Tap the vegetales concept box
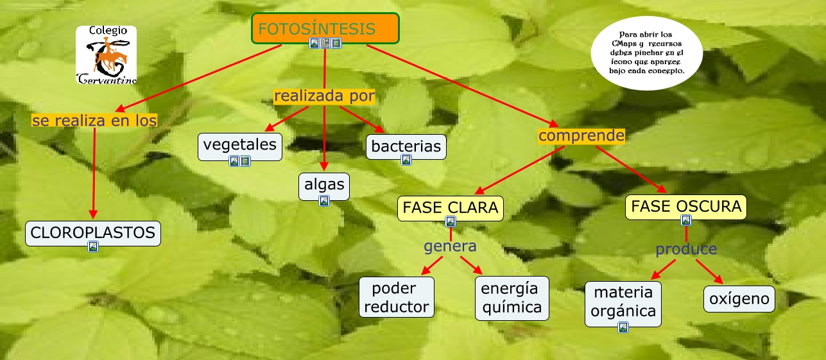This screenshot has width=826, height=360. pos(239,144)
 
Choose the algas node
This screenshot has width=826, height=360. pos(324,185)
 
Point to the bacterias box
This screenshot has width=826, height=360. pos(406,146)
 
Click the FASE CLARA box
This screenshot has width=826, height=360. pos(450,207)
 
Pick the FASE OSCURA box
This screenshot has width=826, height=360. pos(686,206)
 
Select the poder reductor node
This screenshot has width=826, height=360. pos(397,297)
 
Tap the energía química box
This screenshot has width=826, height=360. pos(512,297)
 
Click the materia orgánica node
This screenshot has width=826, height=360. pos(623,301)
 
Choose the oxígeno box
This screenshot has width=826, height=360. pos(739,299)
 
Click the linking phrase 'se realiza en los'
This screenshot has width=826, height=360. pos(94,120)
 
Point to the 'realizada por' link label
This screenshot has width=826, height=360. pos(324,96)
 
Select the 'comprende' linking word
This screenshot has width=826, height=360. pos(581,135)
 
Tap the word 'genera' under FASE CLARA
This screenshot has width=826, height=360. pos(450,246)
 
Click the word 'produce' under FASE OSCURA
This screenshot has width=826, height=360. pos(685,248)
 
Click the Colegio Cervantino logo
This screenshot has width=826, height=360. pos(106,55)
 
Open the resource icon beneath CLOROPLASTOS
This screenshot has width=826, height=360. pos(93,246)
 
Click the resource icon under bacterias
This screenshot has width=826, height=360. pos(406,160)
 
